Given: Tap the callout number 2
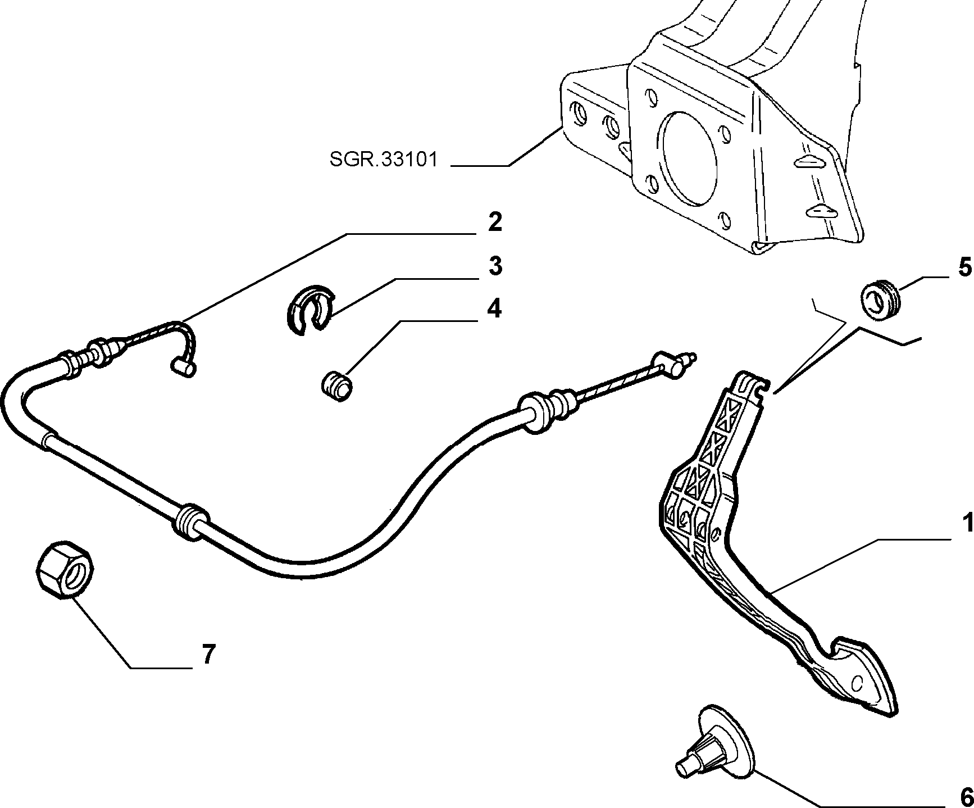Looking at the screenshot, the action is [494, 223].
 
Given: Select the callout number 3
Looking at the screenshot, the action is [494, 266].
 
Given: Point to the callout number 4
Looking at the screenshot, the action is [494, 308].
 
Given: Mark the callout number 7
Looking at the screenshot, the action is [208, 654].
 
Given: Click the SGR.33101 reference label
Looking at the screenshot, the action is [383, 160].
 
